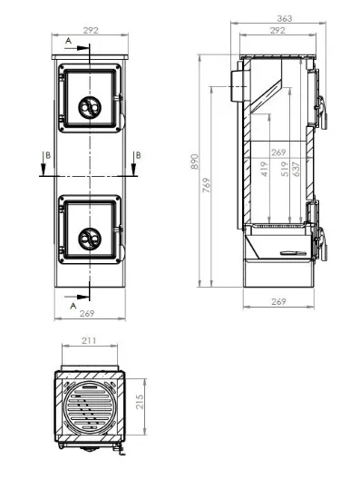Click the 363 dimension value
(285, 18)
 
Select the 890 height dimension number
(194, 161)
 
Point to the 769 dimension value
(207, 185)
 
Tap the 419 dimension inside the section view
(264, 169)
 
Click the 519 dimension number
(285, 169)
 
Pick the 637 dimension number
(296, 169)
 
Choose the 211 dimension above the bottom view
(89, 340)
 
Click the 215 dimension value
(140, 402)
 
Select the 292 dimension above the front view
(91, 31)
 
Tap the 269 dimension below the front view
(87, 314)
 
